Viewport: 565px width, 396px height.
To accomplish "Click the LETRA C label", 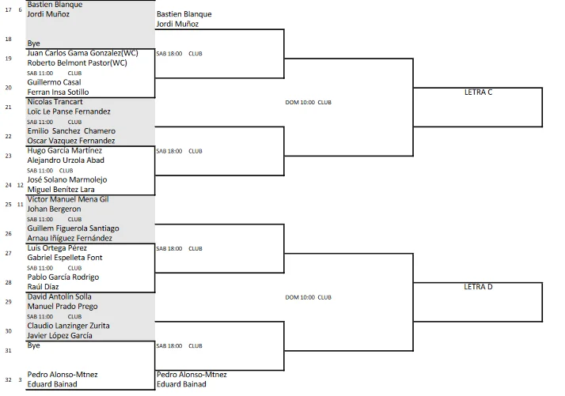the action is click(478, 92).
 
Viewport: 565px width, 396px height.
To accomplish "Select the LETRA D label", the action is click(478, 287).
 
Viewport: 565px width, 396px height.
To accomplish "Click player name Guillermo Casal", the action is click(54, 82).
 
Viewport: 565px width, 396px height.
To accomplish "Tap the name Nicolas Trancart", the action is click(55, 102).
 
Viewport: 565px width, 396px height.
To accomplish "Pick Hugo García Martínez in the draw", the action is click(65, 150).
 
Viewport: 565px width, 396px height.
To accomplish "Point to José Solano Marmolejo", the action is click(67, 179).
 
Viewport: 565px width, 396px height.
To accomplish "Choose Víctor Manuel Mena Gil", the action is click(68, 199).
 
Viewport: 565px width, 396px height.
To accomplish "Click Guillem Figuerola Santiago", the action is click(73, 228).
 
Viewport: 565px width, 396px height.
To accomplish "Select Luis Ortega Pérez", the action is click(57, 248).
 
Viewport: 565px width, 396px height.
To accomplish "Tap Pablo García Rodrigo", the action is click(63, 277).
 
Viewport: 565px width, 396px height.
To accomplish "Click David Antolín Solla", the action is click(59, 296).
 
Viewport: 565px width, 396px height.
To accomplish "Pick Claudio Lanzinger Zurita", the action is click(69, 326).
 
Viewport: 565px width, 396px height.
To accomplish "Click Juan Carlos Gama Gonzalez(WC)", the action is click(82, 53).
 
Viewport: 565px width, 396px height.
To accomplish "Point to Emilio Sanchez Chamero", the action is click(71, 131).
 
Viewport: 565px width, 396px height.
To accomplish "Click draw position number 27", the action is click(8, 253).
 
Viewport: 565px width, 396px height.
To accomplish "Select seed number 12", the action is click(21, 185).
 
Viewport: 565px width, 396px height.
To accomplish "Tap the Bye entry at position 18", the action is click(33, 43).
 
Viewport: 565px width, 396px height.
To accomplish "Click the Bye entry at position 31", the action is click(33, 345).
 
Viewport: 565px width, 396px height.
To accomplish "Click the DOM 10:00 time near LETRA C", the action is click(300, 102).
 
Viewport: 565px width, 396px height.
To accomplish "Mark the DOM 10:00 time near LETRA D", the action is click(300, 297).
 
